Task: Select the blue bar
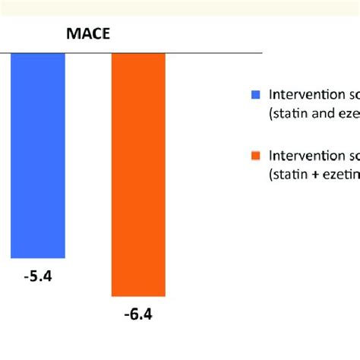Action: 38,156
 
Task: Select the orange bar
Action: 138,175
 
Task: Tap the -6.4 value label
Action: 139,314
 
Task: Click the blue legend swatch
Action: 254,95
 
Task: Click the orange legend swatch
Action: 254,156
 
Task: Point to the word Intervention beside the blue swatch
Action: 303,95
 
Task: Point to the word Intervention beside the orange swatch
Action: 303,156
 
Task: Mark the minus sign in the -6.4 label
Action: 127,314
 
